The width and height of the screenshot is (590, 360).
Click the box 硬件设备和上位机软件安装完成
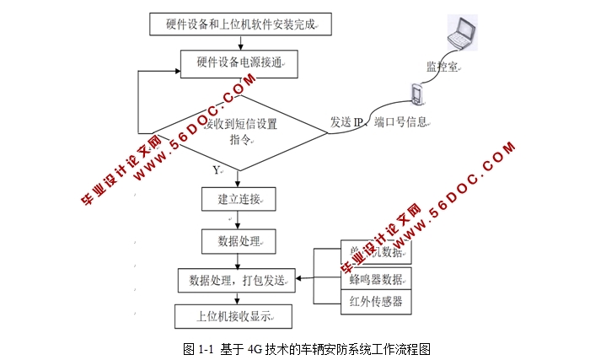tap(240, 24)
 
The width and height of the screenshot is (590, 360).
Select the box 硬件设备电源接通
tap(240, 62)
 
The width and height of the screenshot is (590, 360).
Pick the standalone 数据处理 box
tap(240, 242)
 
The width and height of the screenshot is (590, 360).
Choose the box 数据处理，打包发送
tap(237, 280)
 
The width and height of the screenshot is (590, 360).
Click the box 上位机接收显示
tap(233, 316)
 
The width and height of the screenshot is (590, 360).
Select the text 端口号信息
tap(401, 122)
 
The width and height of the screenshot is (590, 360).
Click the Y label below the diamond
tap(217, 170)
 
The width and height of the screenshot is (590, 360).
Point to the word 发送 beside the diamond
tap(340, 122)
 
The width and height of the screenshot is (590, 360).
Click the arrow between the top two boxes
tap(240, 43)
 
